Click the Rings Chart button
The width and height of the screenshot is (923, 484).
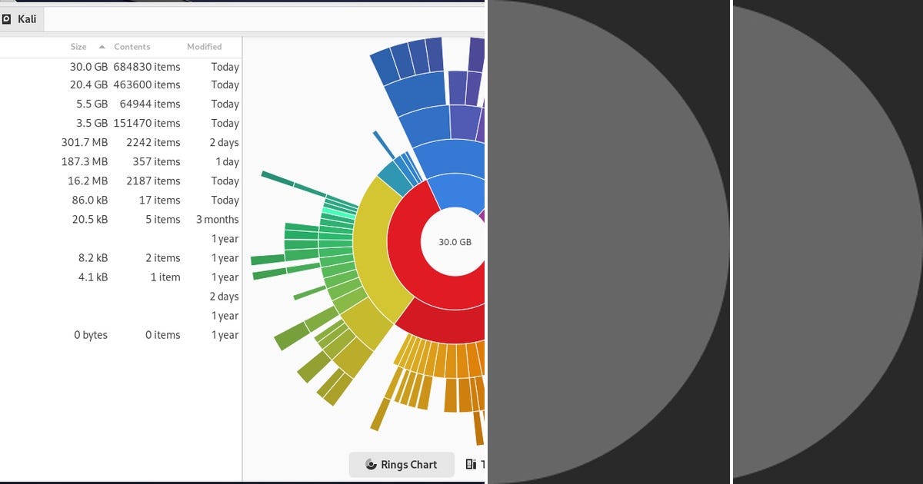pyautogui.click(x=402, y=464)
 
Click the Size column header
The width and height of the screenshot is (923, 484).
pyautogui.click(x=78, y=47)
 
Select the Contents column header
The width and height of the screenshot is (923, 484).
pyautogui.click(x=132, y=47)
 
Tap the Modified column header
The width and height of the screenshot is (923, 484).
pyautogui.click(x=205, y=47)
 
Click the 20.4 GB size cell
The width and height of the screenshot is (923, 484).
pyautogui.click(x=88, y=85)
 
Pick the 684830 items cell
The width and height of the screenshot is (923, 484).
pyautogui.click(x=147, y=67)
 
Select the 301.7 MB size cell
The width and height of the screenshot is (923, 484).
pyautogui.click(x=85, y=142)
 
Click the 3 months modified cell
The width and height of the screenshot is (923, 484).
pyautogui.click(x=217, y=220)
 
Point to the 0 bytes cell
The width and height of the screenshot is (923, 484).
pyautogui.click(x=91, y=335)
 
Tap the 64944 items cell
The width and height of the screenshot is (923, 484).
pyautogui.click(x=150, y=104)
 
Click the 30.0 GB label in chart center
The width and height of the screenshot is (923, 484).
pyautogui.click(x=455, y=242)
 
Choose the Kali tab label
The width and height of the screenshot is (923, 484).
pyautogui.click(x=27, y=19)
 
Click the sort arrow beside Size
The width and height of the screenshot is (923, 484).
pyautogui.click(x=102, y=47)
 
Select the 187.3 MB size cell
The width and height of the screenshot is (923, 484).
pyautogui.click(x=85, y=162)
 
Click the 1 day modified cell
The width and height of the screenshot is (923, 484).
pyautogui.click(x=227, y=162)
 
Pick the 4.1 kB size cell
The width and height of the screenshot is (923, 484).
pyautogui.click(x=93, y=277)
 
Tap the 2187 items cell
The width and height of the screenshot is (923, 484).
pyautogui.click(x=153, y=181)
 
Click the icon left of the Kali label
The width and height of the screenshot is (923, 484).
pyautogui.click(x=6, y=19)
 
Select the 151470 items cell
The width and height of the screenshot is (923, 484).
pyautogui.click(x=147, y=123)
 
